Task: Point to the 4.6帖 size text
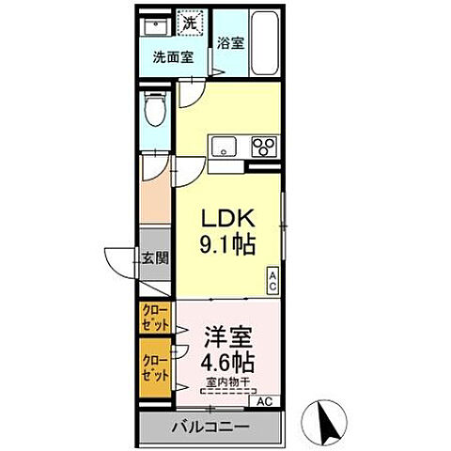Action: [x=225, y=361]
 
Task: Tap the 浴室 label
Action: [x=229, y=42]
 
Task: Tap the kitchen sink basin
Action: [x=225, y=146]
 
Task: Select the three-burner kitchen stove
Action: [x=264, y=146]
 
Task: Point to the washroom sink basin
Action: [x=156, y=24]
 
